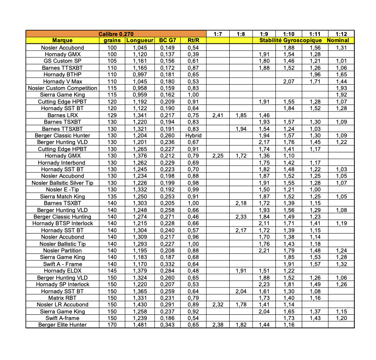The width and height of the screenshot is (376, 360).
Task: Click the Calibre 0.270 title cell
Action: tap(116, 34)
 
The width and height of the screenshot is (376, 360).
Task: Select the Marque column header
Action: tap(62, 40)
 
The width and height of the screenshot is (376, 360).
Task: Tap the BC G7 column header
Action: tap(167, 40)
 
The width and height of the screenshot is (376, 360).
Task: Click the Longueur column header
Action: tap(139, 40)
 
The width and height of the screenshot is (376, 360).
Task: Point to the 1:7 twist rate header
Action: tap(217, 34)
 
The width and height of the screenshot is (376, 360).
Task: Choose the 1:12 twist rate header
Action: tap(341, 34)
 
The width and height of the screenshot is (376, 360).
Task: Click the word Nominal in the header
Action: tap(338, 40)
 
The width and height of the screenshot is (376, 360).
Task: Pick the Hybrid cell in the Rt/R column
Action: tap(193, 136)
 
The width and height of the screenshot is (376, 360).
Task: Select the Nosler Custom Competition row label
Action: tap(62, 88)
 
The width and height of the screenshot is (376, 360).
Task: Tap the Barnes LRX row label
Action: tap(62, 115)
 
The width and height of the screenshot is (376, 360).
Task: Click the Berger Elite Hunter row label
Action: tap(62, 325)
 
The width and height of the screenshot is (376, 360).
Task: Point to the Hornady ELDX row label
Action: tap(62, 271)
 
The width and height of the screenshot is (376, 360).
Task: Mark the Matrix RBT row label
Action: tap(62, 298)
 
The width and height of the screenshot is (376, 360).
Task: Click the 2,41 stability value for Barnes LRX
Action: tap(217, 115)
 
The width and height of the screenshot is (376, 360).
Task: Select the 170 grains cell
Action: tap(112, 325)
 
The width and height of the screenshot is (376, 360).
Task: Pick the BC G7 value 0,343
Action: tap(167, 325)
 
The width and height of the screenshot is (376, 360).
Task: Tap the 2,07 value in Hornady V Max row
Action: tap(289, 82)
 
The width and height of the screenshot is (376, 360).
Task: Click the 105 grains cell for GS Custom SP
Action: tap(112, 61)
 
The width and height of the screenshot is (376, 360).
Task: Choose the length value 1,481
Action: tap(139, 325)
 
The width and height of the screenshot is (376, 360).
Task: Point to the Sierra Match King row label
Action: tap(62, 197)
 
